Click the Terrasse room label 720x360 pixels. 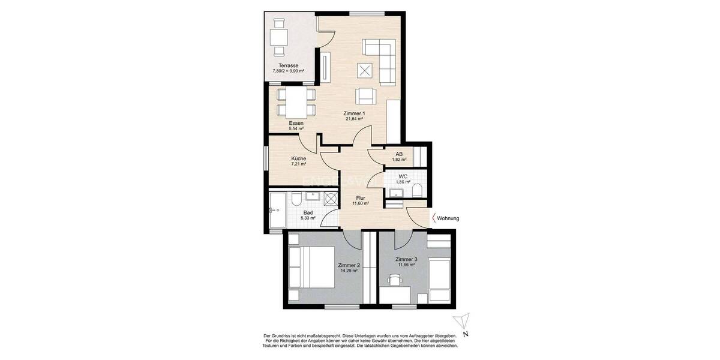pos(289,65)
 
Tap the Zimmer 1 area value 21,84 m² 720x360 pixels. pos(354,119)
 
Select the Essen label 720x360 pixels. pos(296,123)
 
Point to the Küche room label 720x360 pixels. pos(299,158)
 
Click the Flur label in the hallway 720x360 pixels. pos(360,197)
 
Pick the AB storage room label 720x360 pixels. pos(399,154)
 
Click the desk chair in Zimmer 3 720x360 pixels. pos(394,280)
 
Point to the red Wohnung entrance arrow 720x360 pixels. pos(433,218)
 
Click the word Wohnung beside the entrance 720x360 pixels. pos(448,218)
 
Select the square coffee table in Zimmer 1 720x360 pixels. pos(364,70)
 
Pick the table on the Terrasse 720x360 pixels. pos(278,37)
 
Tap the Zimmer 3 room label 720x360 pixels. pos(406,259)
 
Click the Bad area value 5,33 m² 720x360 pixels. pos(308,218)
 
